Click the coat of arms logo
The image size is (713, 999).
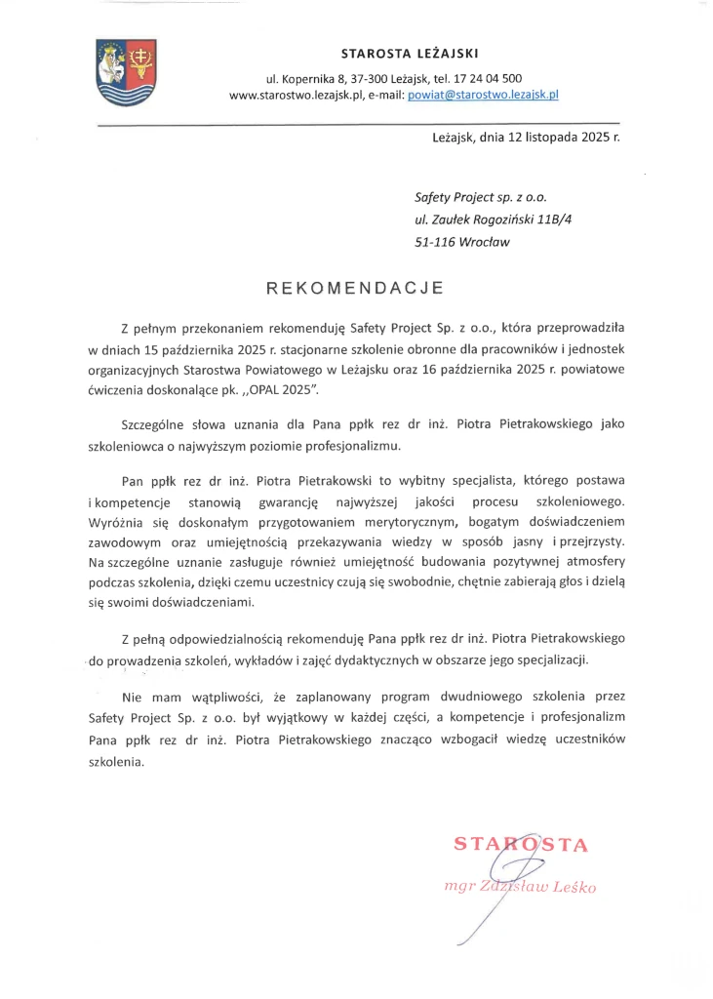tap(126, 71)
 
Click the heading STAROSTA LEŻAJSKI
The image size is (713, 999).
tap(410, 53)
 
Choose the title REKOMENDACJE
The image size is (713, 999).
tap(356, 288)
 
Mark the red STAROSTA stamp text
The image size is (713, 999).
tap(521, 845)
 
